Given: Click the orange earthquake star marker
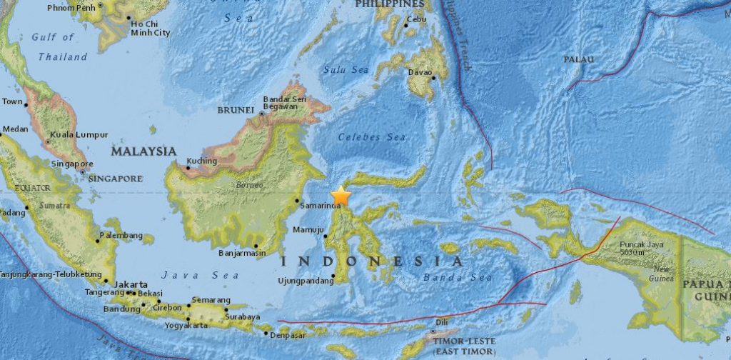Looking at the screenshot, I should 341,195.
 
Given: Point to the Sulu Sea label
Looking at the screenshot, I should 346,69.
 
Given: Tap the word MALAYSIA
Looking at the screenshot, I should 143,151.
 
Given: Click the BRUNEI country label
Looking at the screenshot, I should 236,110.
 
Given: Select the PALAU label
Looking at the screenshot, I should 578,59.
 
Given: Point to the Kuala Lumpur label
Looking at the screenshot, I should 79,134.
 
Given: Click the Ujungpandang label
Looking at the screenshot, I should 305,280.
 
